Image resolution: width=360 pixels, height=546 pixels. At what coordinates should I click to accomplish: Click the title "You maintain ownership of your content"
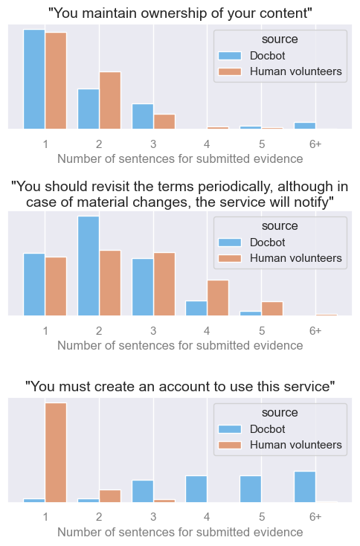(180, 13)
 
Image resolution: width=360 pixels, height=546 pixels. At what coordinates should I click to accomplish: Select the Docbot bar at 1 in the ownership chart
(34, 80)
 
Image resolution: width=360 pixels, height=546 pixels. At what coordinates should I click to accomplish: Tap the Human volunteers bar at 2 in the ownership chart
(110, 100)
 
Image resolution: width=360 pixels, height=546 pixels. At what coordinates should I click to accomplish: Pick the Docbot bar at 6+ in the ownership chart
(305, 126)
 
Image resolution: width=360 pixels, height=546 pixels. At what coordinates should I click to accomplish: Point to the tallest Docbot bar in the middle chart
(89, 266)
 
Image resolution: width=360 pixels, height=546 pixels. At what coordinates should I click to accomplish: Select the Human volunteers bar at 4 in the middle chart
(218, 298)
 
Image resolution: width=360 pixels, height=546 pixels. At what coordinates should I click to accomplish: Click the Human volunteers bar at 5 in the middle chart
(272, 308)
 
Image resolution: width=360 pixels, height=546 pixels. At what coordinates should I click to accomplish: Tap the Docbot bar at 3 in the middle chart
(143, 286)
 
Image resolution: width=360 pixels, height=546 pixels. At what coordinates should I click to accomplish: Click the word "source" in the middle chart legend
(280, 225)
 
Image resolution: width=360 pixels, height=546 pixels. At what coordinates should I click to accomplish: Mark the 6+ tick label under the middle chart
(315, 330)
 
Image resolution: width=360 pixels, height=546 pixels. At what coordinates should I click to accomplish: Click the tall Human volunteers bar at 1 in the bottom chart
(56, 452)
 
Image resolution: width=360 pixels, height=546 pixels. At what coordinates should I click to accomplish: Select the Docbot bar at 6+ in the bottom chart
(305, 486)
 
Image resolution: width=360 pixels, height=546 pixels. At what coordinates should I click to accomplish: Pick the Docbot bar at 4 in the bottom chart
(196, 489)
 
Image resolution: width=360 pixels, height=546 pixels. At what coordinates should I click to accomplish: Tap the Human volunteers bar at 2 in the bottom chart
(110, 495)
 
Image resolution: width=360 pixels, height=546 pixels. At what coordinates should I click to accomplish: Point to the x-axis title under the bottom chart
(180, 532)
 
